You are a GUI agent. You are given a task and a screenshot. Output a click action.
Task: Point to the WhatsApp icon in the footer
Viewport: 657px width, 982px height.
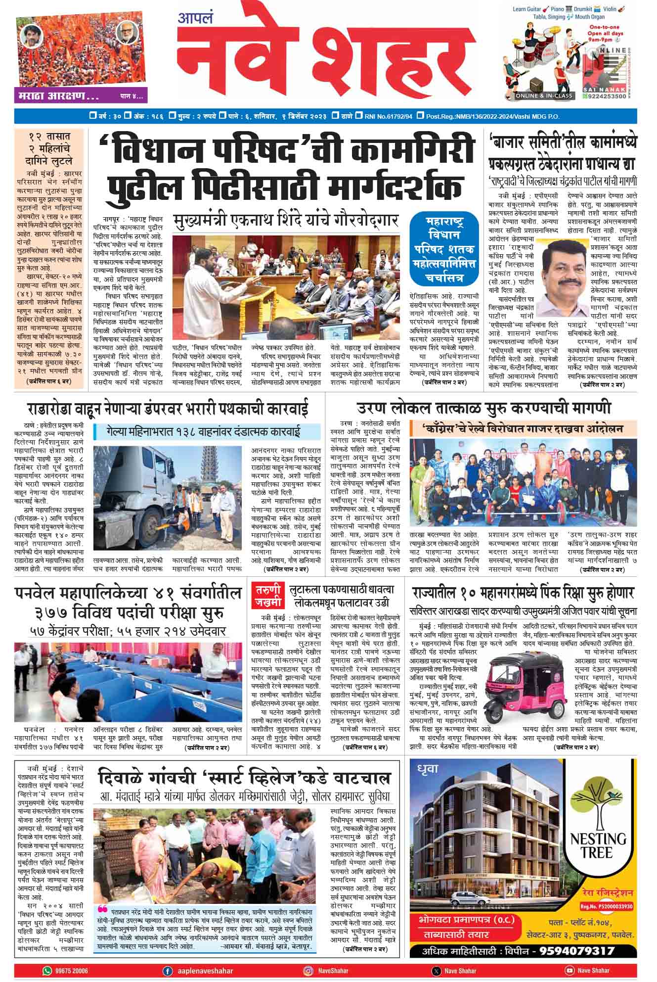click(x=47, y=971)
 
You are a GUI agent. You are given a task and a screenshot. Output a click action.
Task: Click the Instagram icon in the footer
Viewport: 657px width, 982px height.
click(x=307, y=971)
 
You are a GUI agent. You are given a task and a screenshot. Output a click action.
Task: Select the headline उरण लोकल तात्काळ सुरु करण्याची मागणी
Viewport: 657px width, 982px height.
click(x=484, y=409)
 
